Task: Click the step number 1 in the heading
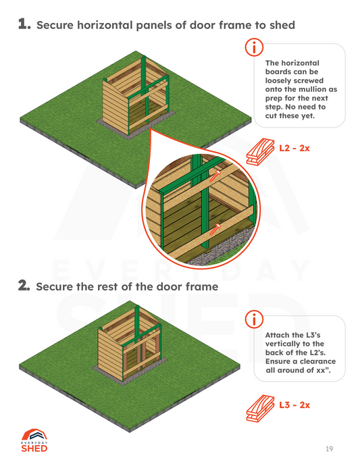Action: [x=24, y=24]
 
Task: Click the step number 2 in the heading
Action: [x=24, y=286]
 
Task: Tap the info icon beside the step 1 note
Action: [x=254, y=47]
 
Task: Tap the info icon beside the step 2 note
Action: [x=254, y=319]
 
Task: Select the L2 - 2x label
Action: [x=294, y=148]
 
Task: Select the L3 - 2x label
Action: [x=294, y=405]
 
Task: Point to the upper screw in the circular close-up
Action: [x=215, y=176]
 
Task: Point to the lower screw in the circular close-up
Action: [x=215, y=230]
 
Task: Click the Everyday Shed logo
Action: [x=34, y=440]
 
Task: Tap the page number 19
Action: [x=329, y=448]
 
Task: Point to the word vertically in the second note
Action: [x=284, y=344]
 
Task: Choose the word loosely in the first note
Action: [x=280, y=81]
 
